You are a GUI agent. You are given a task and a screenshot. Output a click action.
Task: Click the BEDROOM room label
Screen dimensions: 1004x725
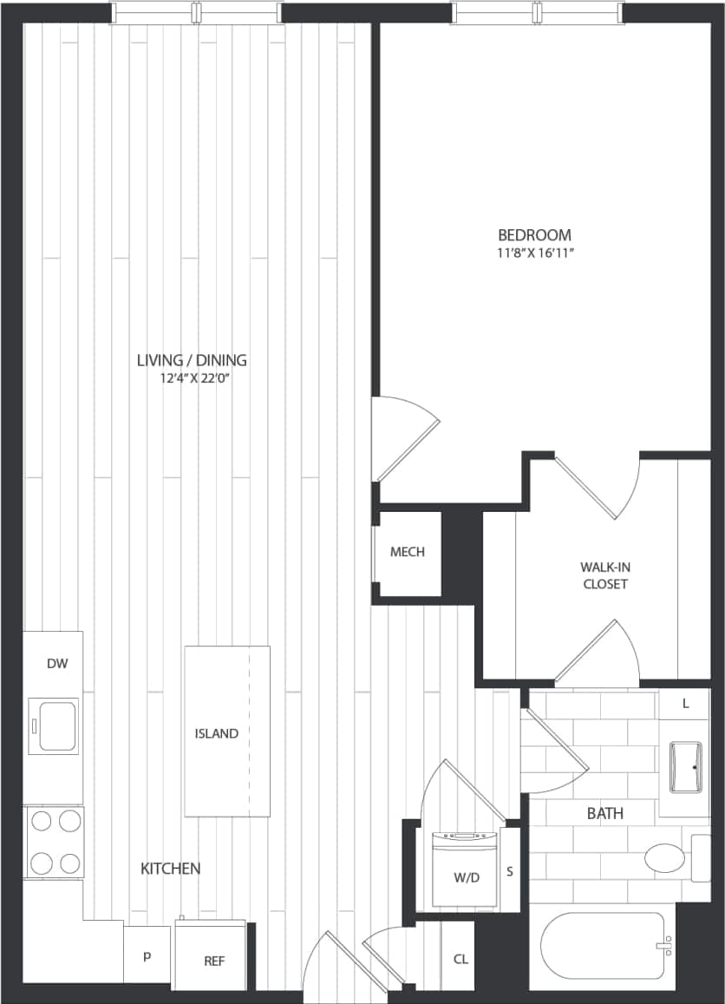(x=534, y=234)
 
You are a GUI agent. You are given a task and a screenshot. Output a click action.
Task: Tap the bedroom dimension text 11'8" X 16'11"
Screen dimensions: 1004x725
(x=534, y=253)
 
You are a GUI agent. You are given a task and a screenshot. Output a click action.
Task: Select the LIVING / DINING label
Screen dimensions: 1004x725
(x=192, y=359)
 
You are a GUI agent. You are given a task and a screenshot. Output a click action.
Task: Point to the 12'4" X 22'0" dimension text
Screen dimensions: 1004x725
(x=192, y=377)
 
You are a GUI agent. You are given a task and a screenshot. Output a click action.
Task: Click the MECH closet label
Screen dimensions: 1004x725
(x=407, y=552)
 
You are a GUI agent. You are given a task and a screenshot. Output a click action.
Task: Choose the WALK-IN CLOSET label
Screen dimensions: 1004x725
(x=604, y=575)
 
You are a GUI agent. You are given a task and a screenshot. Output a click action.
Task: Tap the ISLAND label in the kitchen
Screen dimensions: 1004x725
(x=216, y=733)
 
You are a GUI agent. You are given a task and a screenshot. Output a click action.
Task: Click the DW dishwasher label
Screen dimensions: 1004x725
(x=56, y=664)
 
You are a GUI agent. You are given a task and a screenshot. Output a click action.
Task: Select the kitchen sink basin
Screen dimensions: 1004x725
(x=54, y=725)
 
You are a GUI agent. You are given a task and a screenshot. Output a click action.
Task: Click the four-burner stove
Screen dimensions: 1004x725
(x=54, y=841)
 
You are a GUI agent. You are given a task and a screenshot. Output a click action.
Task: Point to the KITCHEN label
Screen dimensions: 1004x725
(x=171, y=868)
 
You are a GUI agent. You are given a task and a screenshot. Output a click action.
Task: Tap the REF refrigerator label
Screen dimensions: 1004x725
(x=214, y=961)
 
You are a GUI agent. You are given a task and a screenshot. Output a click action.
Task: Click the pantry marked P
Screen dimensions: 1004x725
(x=147, y=955)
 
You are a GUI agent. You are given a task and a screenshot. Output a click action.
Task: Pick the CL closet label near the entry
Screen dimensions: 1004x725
(x=460, y=959)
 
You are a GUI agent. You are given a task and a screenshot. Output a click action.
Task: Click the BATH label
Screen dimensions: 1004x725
(x=604, y=813)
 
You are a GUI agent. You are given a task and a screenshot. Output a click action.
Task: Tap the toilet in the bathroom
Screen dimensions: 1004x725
(x=665, y=858)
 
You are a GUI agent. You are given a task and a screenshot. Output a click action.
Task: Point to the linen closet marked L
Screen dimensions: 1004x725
(x=685, y=704)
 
